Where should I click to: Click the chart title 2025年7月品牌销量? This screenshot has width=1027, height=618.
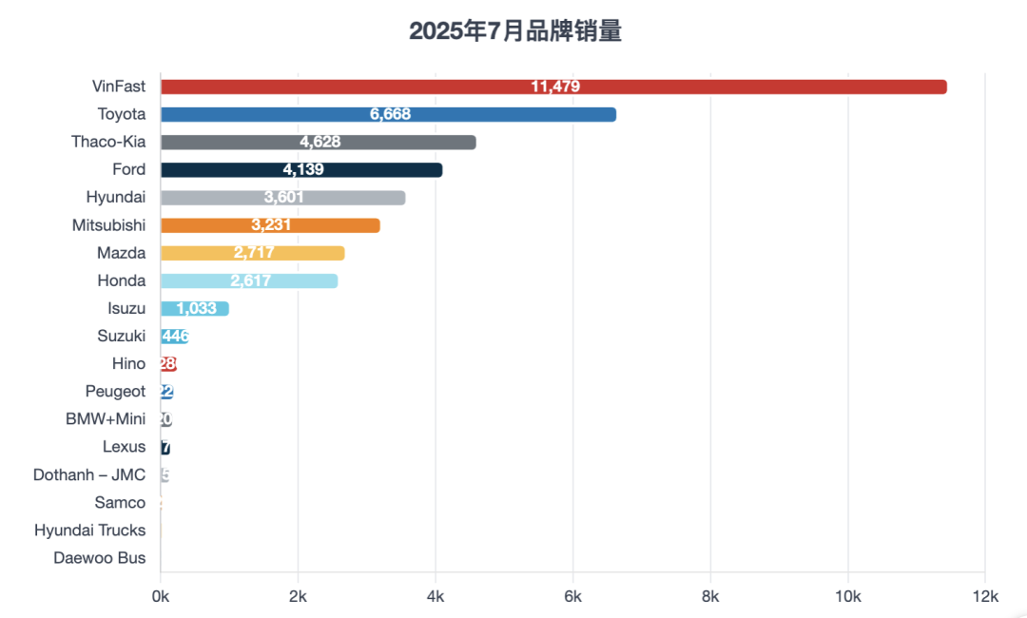515,31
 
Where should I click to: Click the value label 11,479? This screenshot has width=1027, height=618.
555,87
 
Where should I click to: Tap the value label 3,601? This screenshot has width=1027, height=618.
287,198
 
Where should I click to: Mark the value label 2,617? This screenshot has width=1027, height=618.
250,280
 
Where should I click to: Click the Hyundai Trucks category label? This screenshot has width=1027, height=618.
90,531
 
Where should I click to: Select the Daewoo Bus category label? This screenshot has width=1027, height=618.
100,558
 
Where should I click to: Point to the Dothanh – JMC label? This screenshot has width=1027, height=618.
89,474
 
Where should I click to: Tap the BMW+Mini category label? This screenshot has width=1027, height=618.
106,419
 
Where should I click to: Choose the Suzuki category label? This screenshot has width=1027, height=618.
122,336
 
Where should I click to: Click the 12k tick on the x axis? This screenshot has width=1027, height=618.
985,596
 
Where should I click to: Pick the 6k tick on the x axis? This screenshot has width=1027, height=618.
572,596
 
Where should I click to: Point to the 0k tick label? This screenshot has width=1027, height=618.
161,596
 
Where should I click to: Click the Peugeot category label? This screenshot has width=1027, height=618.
115,392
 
